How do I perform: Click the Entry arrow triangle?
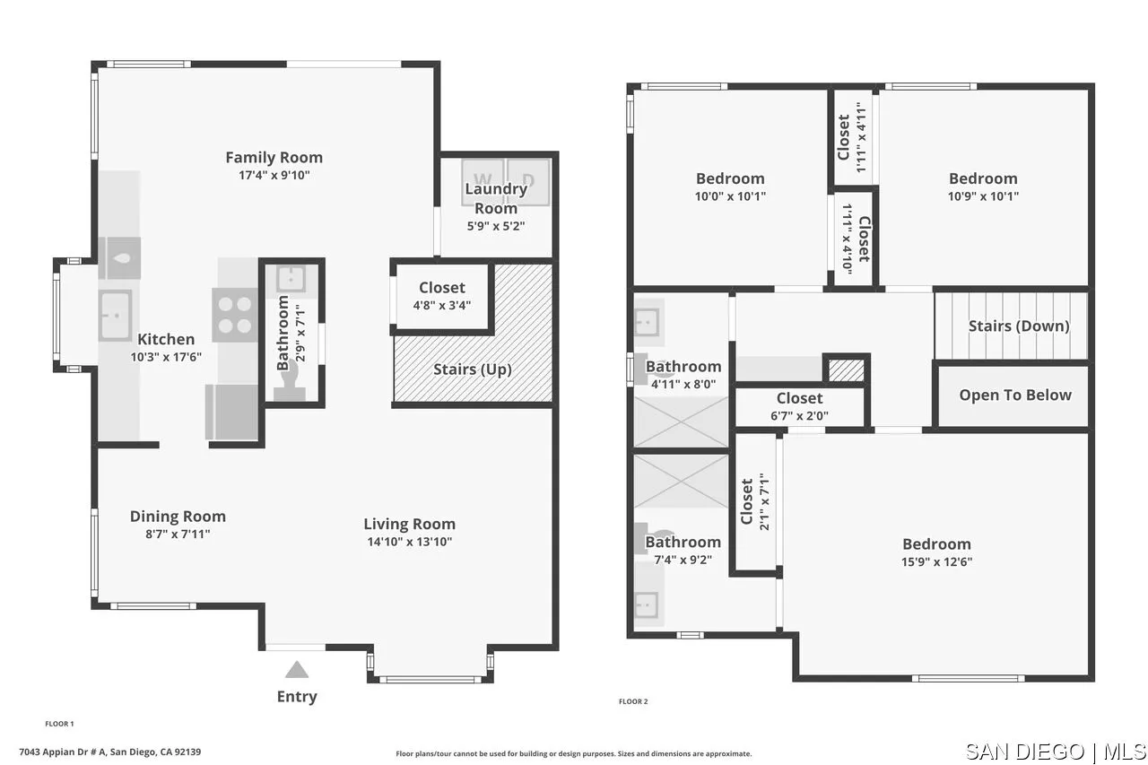297,669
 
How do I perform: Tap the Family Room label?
274,158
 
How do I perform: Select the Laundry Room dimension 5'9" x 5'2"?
496,226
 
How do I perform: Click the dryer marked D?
528,179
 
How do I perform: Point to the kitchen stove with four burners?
233,315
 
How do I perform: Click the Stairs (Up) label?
472,369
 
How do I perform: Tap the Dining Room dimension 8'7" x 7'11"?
178,534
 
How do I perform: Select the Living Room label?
409,524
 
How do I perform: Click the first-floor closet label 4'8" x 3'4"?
442,304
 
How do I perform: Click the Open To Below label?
1014,395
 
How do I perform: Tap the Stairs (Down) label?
1018,326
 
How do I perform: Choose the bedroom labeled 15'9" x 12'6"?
936,552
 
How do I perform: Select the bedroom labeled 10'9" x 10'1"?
983,187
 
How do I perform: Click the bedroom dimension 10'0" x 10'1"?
730,196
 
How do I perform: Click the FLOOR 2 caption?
632,701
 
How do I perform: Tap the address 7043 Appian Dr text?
109,752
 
